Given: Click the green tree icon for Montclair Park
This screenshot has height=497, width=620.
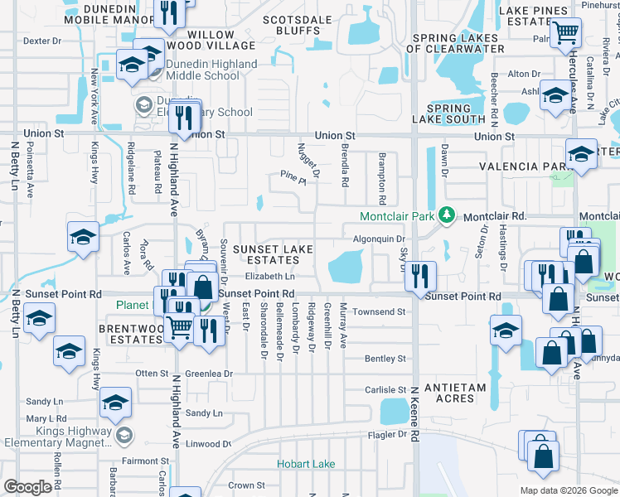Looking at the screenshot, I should coord(447,216).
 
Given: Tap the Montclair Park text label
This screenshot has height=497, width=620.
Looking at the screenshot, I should coord(398,217).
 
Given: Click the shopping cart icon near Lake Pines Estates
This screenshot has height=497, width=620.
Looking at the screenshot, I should coord(565,33).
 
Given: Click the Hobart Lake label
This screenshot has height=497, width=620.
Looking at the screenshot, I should coord(306,464).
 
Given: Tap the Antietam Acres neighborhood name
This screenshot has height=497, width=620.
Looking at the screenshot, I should coord(448,393).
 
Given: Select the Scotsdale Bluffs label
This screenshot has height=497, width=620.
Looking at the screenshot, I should coord(291,24).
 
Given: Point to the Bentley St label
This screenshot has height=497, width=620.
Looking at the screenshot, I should coord(385,359).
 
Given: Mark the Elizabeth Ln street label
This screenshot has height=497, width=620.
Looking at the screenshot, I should coord(269,277).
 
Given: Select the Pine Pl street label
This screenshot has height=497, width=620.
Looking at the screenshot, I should coord(288,176).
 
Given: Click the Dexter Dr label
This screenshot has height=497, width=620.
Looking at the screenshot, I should coord(42,40).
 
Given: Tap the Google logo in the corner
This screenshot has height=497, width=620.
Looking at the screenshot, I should coord(27,487).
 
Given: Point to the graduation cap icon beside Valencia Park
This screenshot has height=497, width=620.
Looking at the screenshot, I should coord(581,153).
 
